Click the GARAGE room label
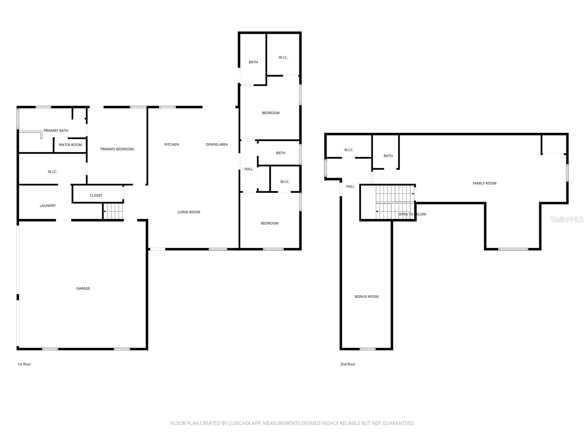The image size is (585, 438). click(83, 288)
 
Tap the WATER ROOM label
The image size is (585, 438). click(70, 145)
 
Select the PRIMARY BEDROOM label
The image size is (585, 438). click(117, 149)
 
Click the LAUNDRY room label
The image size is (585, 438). click(48, 205)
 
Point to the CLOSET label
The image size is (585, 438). click(96, 195)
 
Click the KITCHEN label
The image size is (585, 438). click(171, 145)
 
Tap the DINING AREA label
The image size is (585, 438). click(217, 145)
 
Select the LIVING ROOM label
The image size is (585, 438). click(189, 212)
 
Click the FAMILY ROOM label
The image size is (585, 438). click(484, 183)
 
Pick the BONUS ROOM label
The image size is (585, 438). click(366, 296)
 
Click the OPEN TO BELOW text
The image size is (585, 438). click(412, 214)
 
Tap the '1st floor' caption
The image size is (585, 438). click(24, 364)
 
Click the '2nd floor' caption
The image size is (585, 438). click(347, 364)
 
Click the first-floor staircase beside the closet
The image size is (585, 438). click(113, 211)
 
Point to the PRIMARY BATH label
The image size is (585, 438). click(56, 130)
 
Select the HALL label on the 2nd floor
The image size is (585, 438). click(350, 186)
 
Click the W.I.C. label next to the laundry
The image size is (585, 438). click(52, 172)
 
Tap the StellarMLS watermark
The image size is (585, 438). click(567, 219)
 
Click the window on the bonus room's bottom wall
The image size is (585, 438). click(367, 349)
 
